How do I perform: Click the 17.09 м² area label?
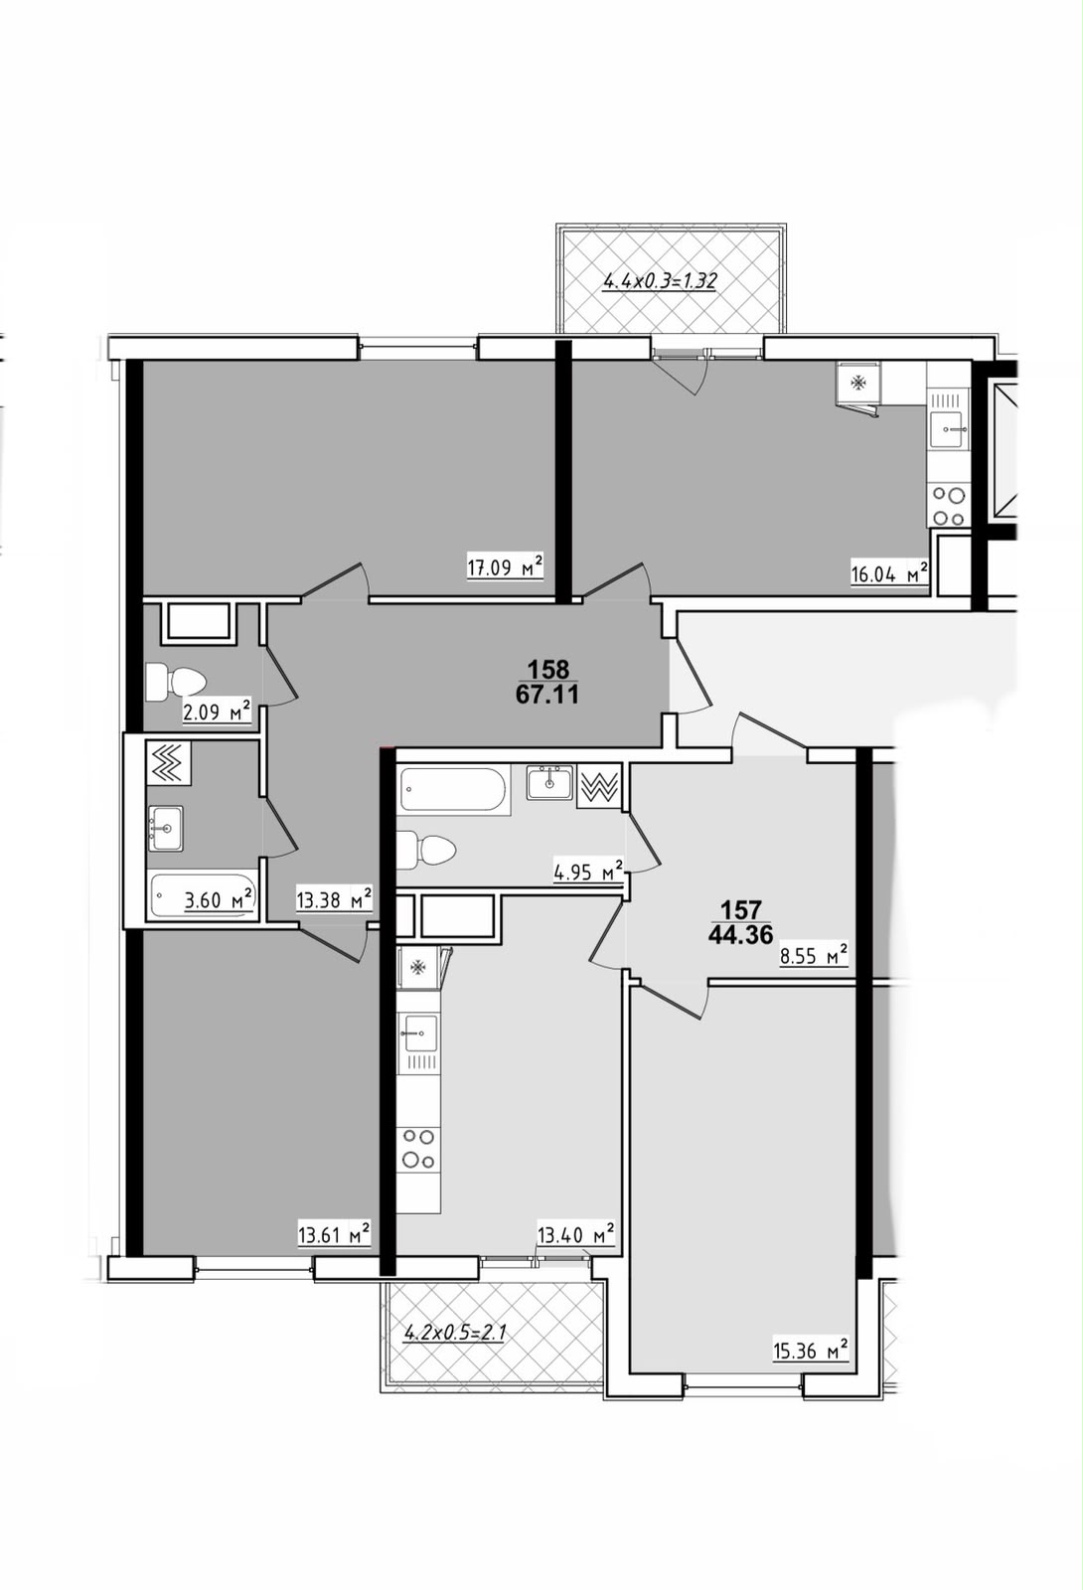click(506, 566)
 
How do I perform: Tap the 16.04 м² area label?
click(890, 572)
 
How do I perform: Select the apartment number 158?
click(547, 669)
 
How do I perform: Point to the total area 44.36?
click(740, 935)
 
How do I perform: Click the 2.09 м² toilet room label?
click(217, 711)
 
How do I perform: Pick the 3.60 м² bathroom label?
click(219, 900)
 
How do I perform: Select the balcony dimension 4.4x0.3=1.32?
click(660, 281)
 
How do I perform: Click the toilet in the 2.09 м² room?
click(175, 682)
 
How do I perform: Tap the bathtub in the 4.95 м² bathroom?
click(455, 791)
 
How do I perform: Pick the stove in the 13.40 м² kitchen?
click(418, 1149)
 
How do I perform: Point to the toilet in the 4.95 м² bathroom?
click(426, 849)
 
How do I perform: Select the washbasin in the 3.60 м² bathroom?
click(165, 828)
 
